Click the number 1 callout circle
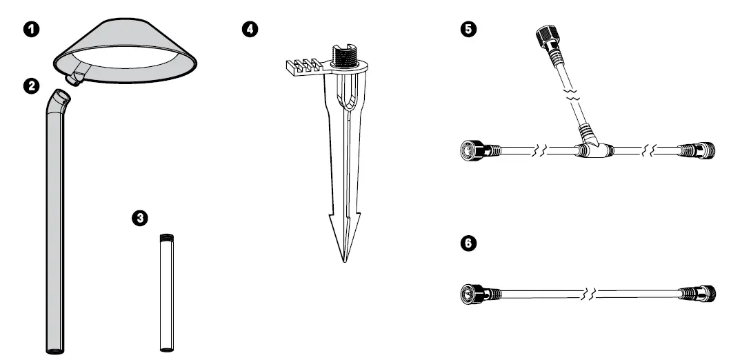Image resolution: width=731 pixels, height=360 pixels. click(x=30, y=30)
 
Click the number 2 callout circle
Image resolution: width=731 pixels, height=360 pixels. click(x=30, y=86)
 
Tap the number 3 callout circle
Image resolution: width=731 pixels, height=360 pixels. click(x=140, y=218)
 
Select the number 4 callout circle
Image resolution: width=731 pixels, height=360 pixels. click(x=251, y=30)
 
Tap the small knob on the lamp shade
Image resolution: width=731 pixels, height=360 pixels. click(x=71, y=81)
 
